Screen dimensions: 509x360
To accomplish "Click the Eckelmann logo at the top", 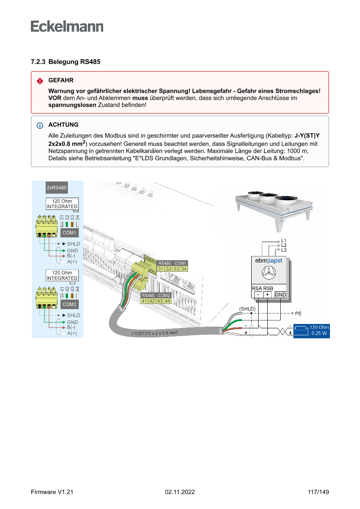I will click(x=67, y=26).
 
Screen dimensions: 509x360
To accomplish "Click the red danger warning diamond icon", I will click(x=40, y=81).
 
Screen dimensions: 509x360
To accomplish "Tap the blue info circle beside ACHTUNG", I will click(x=40, y=125).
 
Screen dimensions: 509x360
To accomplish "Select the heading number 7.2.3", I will click(x=38, y=62).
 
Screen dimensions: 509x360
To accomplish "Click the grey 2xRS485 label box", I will click(x=57, y=188).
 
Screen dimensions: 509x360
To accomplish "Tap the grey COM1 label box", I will click(x=69, y=233).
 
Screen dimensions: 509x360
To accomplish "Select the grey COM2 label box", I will click(x=69, y=304).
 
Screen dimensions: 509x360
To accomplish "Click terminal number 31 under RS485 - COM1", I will click(x=161, y=269).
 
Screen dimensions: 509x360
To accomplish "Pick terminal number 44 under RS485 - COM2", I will click(x=167, y=301).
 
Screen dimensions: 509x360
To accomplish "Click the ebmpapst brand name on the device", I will click(x=268, y=261).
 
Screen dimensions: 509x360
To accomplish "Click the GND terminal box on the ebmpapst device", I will click(x=280, y=295).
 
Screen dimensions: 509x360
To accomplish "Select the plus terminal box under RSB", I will click(x=267, y=295).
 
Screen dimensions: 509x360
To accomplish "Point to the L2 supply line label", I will click(x=284, y=245).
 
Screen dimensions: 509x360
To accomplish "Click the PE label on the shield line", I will click(x=298, y=313).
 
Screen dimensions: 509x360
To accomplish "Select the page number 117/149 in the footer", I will click(x=318, y=492).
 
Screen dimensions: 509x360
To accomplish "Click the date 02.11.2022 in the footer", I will click(x=180, y=492).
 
